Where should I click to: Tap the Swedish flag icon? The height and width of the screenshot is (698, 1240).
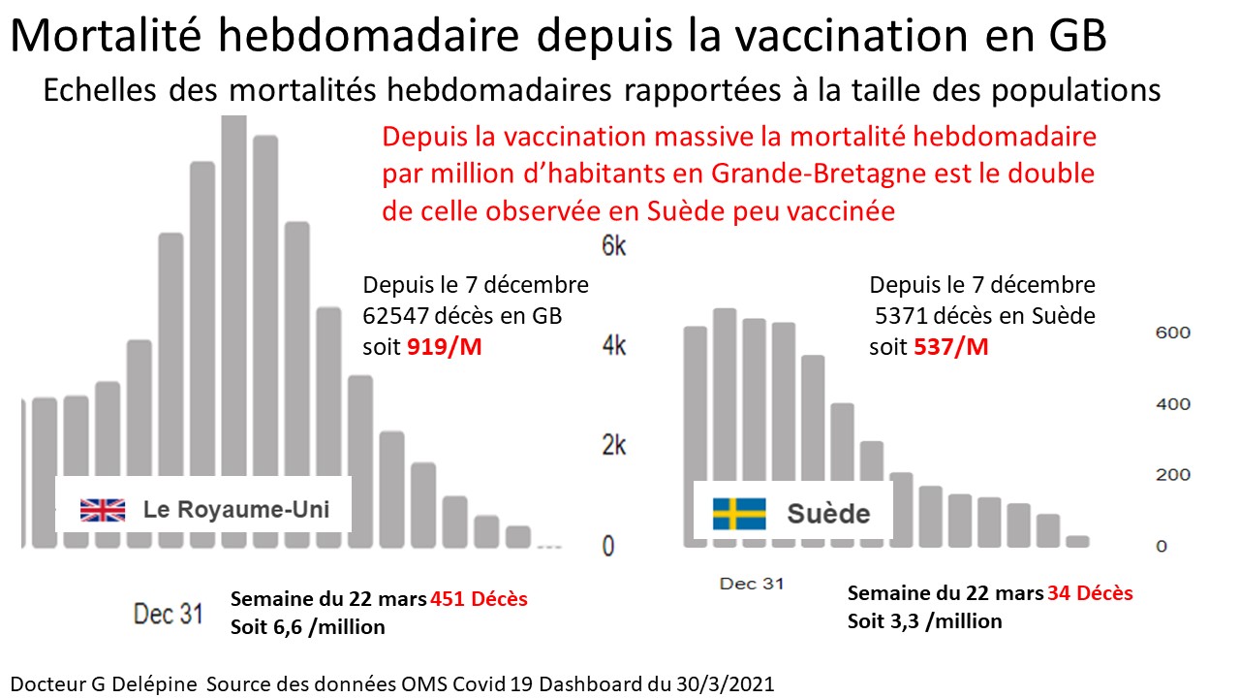pyautogui.click(x=739, y=513)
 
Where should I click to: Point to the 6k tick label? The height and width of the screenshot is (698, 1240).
pyautogui.click(x=614, y=246)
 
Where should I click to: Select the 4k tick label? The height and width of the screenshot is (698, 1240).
pyautogui.click(x=614, y=346)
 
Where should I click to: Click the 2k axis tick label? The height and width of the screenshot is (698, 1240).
pyautogui.click(x=614, y=446)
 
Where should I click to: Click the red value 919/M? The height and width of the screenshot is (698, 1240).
pyautogui.click(x=443, y=346)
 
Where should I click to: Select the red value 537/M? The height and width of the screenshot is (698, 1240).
pyautogui.click(x=950, y=346)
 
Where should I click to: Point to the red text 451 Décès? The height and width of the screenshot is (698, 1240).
pyautogui.click(x=479, y=599)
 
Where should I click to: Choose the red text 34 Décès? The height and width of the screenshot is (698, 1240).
pyautogui.click(x=1090, y=592)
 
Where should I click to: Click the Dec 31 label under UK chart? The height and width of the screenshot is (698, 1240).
pyautogui.click(x=168, y=614)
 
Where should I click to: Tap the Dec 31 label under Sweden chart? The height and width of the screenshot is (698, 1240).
pyautogui.click(x=752, y=584)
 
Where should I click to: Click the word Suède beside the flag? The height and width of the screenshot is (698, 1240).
pyautogui.click(x=828, y=513)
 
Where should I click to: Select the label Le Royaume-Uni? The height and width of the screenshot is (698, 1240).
pyautogui.click(x=235, y=509)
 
